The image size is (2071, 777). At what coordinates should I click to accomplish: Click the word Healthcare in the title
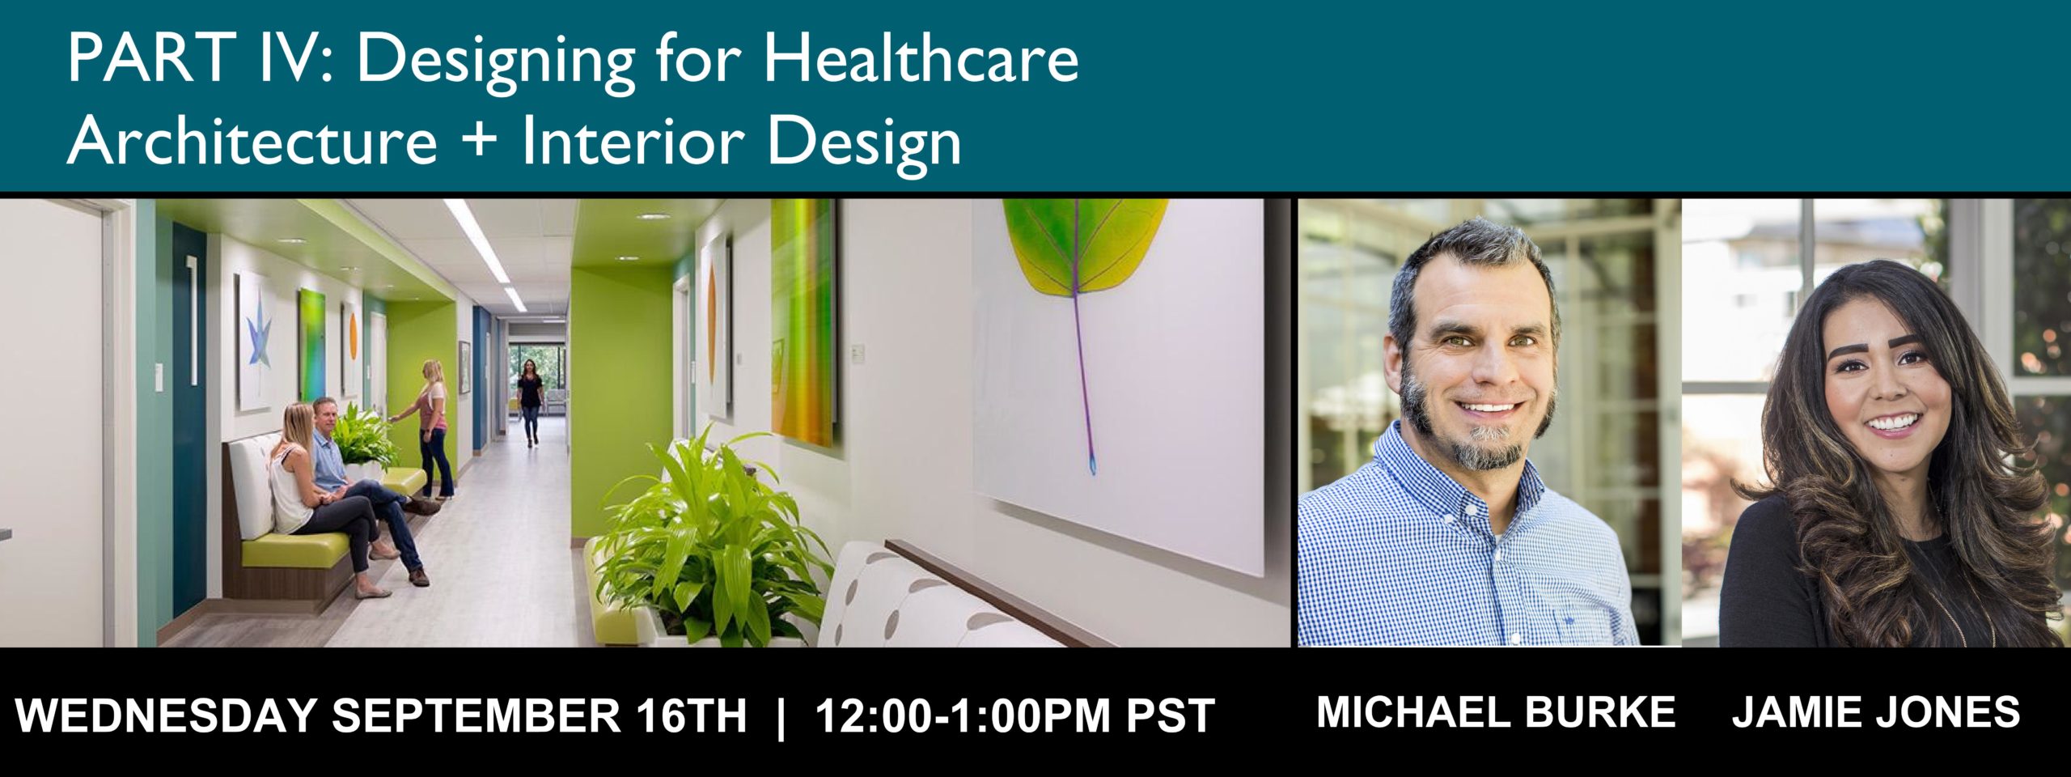[x=921, y=59]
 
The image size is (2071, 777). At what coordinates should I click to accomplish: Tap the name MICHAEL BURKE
[x=1496, y=712]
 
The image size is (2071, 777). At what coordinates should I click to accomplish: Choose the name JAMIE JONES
[x=1875, y=712]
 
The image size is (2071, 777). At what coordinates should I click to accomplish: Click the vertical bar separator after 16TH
[x=781, y=715]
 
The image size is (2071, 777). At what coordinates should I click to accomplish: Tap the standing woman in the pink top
[x=430, y=428]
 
